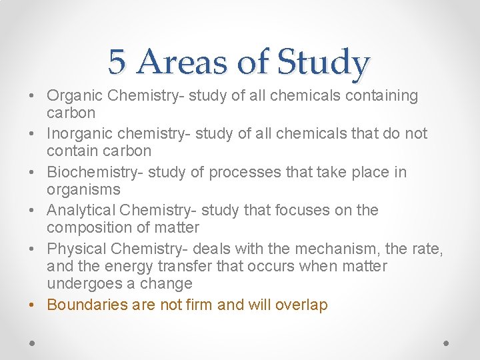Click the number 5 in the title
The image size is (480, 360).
click(117, 62)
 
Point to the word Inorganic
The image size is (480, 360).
click(77, 134)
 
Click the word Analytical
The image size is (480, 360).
click(78, 211)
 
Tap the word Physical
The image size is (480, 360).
click(75, 249)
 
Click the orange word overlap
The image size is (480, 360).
click(302, 306)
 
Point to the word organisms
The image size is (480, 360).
click(83, 190)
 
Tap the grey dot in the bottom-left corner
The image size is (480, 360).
click(32, 343)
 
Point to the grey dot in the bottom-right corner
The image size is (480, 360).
click(447, 343)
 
